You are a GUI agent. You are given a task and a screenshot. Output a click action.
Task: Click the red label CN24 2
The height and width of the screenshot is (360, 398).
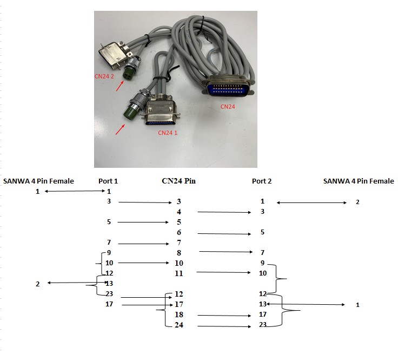104,76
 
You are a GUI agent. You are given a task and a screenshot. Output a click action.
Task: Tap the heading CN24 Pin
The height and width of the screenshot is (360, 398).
178,181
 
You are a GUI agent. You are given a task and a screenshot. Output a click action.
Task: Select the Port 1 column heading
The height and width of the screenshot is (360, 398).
108,181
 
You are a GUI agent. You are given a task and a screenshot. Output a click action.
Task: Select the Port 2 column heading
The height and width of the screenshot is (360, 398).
262,181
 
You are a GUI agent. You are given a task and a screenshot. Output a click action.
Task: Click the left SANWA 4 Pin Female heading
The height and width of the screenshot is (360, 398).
38,181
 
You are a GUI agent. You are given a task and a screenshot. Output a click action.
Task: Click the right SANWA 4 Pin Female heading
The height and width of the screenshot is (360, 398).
359,181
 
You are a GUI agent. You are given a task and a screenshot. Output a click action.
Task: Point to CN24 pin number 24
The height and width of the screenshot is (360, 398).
179,325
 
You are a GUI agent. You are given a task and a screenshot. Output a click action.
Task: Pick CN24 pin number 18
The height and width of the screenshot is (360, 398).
179,315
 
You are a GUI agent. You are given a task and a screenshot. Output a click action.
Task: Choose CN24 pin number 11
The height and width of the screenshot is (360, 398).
179,273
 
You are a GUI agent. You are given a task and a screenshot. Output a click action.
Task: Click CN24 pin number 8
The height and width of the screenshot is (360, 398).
179,253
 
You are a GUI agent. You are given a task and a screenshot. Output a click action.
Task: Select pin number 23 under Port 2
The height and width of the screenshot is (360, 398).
262,325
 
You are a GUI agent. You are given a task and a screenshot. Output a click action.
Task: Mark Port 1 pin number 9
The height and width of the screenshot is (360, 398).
109,253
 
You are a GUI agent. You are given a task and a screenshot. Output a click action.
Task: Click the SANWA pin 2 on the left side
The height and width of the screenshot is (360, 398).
38,284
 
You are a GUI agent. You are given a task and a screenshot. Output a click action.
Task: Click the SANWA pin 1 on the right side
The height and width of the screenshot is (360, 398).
357,305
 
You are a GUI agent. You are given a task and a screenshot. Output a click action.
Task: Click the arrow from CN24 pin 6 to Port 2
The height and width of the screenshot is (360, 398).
224,233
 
